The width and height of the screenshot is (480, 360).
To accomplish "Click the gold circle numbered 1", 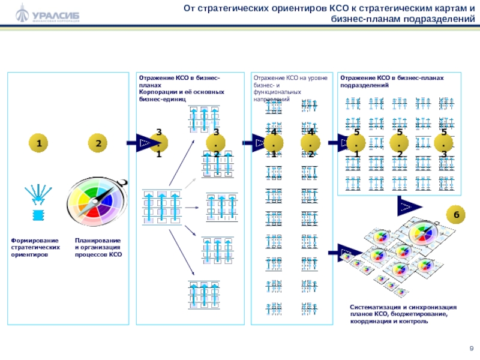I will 39,143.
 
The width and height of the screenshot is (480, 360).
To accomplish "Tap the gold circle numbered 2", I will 98,143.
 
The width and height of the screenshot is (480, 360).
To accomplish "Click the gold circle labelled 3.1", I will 159,143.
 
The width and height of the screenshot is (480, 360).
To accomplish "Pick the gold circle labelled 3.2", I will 215,143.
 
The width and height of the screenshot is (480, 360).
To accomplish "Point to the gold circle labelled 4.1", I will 274,143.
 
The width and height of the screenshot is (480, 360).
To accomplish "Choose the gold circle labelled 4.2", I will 311,143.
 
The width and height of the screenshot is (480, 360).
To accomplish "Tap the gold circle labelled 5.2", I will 400,143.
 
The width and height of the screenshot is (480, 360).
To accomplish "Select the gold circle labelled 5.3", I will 443,143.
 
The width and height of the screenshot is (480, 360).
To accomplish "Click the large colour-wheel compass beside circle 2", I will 98,200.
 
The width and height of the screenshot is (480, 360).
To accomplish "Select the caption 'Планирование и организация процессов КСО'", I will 98,247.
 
